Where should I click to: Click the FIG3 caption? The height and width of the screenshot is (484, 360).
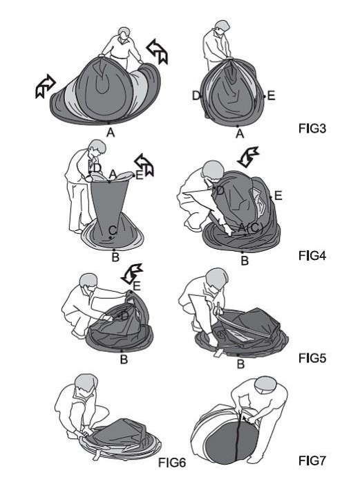coord(312,128)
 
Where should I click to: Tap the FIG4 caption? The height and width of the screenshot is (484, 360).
coord(312,256)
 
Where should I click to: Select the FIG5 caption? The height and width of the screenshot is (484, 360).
coord(312,357)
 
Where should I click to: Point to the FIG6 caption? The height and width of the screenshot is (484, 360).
coord(172,463)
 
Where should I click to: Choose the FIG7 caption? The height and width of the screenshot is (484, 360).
coord(312,460)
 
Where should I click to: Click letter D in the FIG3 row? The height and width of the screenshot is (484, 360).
coord(196,95)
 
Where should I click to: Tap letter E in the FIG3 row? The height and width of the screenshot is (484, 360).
coord(271,95)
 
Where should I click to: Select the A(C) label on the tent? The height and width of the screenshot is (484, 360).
coord(251,227)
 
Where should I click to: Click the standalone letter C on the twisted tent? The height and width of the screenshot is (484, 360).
coord(113,230)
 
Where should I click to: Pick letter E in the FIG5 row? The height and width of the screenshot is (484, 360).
coord(137,286)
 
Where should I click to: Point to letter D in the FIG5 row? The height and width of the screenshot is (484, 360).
coord(124,316)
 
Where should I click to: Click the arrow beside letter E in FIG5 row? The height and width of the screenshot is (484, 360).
coord(132,274)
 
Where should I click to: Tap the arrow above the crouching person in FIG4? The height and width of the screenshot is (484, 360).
coord(248,157)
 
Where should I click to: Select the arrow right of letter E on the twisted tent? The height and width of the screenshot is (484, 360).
coord(144,165)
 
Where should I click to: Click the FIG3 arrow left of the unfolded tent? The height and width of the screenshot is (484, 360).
coord(46,86)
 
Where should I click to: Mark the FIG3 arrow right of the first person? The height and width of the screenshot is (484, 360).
coord(158,52)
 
